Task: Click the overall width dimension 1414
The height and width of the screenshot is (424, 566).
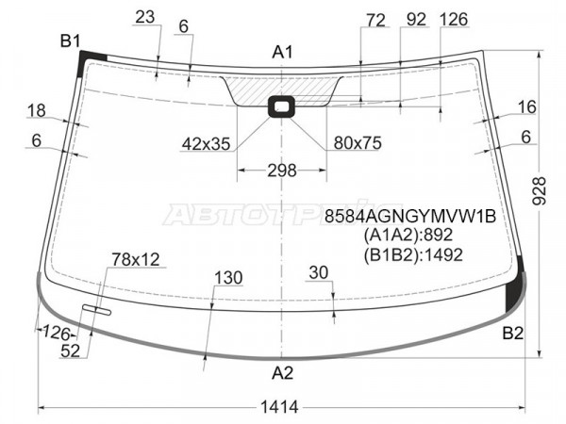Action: pos(279,407)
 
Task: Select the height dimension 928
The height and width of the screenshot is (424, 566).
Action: pos(540,191)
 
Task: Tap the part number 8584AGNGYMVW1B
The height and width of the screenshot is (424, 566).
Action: pos(410,217)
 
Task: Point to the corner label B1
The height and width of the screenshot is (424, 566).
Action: pos(70,41)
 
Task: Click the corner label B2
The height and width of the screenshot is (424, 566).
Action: pos(512,334)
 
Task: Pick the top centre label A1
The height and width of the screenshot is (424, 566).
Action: pos(282,52)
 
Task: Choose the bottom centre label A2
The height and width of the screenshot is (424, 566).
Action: pos(282,373)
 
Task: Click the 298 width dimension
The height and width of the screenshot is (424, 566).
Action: pos(281,171)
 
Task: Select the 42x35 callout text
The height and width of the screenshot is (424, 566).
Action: pos(206,144)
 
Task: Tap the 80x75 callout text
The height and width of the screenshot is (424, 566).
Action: pos(358,143)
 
